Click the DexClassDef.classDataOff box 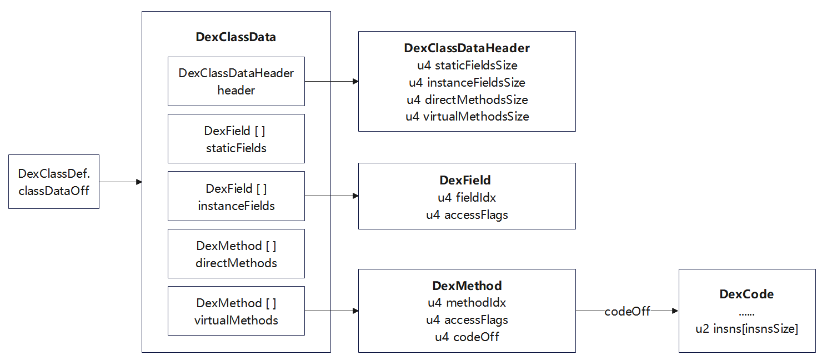tap(54, 182)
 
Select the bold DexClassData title tap(236, 37)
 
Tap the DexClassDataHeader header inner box tap(236, 81)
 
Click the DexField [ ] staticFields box tap(236, 139)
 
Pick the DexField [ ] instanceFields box tap(236, 196)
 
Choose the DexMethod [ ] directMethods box tap(236, 254)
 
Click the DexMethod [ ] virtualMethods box tap(236, 311)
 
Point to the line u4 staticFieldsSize tap(467, 66)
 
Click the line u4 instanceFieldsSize tap(467, 83)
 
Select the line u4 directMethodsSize tap(467, 100)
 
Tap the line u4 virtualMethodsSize tap(467, 117)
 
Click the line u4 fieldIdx tap(467, 197)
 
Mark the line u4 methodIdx tap(467, 303)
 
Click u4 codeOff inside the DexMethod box tap(467, 337)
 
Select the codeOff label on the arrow tap(627, 312)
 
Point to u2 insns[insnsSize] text tap(746, 329)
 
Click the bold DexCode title tap(746, 294)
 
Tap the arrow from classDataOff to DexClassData tap(121, 182)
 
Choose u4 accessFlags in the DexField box tap(467, 214)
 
